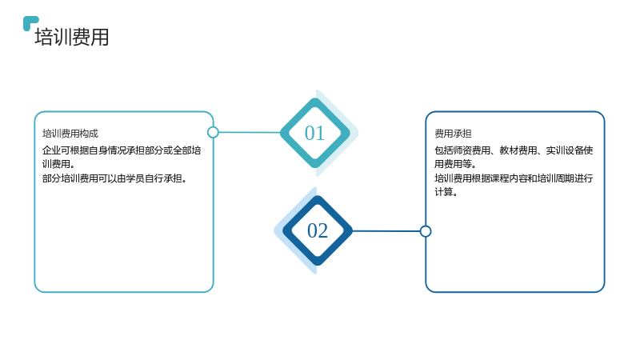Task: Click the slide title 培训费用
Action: click(72, 37)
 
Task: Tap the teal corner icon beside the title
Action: click(30, 22)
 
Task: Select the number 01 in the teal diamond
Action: click(314, 133)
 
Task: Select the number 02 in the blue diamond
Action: click(318, 230)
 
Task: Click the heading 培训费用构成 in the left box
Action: click(70, 134)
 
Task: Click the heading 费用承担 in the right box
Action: click(453, 134)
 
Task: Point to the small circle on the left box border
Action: click(213, 132)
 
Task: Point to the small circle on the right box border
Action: click(426, 231)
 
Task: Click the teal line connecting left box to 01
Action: click(250, 132)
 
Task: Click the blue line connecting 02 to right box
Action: click(386, 231)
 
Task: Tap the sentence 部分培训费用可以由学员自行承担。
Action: click(114, 178)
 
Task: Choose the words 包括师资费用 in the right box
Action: click(462, 150)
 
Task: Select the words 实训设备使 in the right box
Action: click(570, 150)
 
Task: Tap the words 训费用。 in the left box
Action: click(58, 164)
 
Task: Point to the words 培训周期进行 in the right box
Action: click(565, 178)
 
